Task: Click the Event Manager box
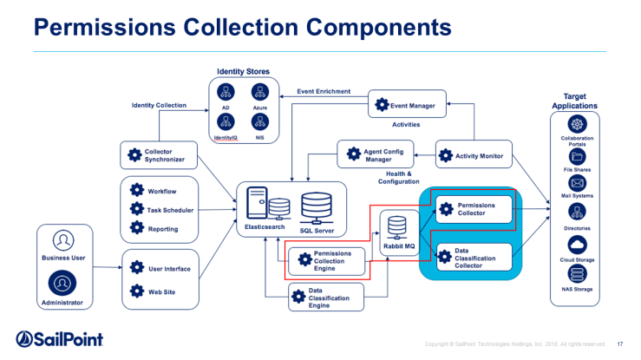pyautogui.click(x=407, y=105)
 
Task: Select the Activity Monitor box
pyautogui.click(x=473, y=156)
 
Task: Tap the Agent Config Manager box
pyautogui.click(x=376, y=154)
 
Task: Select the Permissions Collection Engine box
pyautogui.click(x=324, y=259)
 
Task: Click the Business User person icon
pyautogui.click(x=62, y=239)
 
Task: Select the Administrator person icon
pyautogui.click(x=62, y=282)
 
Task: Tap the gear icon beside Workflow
pyautogui.click(x=135, y=190)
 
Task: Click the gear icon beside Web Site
pyautogui.click(x=135, y=291)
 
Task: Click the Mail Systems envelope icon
pyautogui.click(x=577, y=185)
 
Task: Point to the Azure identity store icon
pyautogui.click(x=259, y=90)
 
